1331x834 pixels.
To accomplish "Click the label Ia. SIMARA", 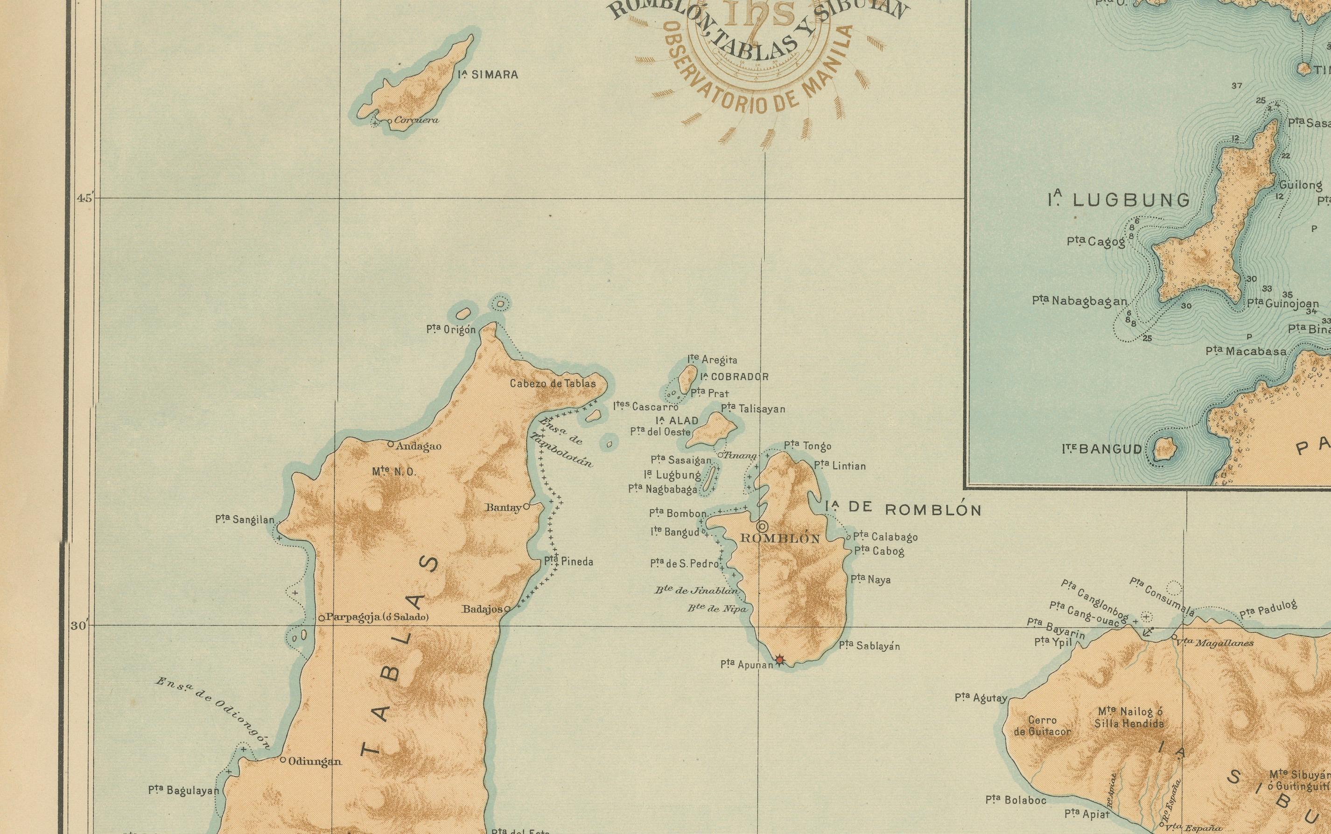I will click(x=488, y=75).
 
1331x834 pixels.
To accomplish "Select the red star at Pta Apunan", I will click(x=779, y=659).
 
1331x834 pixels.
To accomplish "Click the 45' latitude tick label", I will click(x=85, y=198).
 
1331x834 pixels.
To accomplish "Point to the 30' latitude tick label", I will click(x=78, y=625).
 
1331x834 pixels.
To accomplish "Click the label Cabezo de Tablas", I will click(x=553, y=383).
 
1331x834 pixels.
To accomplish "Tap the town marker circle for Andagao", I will click(x=391, y=444).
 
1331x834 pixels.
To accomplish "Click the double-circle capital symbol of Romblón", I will click(x=763, y=525).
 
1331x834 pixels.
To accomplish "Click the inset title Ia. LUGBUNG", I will click(x=1119, y=200).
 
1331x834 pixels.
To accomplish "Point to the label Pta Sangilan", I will click(x=245, y=520).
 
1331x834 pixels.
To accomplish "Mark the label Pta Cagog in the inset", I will click(x=1096, y=241).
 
